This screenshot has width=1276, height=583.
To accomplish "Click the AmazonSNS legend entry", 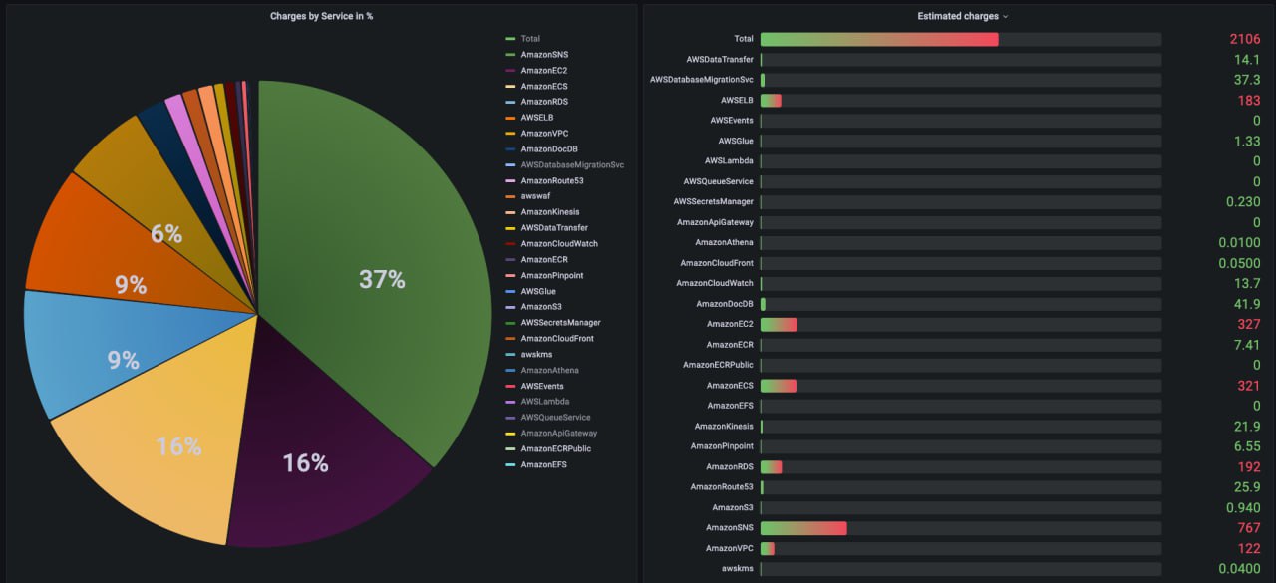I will pos(543,55).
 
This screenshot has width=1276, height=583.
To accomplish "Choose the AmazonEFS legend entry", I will pos(543,464).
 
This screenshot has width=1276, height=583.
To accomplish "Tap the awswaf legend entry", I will pos(537,196).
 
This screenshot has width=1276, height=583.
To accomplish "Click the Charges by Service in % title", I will pos(321,16).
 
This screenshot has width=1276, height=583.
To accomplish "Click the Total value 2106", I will pos(1245,39).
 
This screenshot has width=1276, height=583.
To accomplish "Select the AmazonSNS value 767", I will pos(1248,528).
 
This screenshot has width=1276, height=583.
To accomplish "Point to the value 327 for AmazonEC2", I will pos(1248,324).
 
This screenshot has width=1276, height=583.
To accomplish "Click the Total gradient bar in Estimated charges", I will pos(878,39).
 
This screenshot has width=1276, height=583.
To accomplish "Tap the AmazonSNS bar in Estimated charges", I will pos(802,528).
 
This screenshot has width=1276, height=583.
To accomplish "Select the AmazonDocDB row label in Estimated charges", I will pos(725,304).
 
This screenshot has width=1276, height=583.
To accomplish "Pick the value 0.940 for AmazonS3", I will pos(1241,507).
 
